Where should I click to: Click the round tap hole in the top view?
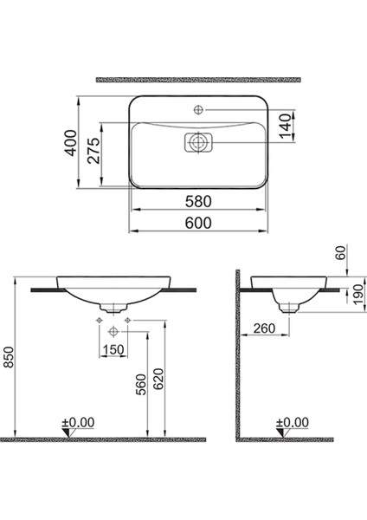[x=199, y=110]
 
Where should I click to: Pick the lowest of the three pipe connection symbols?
[x=113, y=333]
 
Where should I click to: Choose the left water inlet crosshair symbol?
[x=98, y=322]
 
